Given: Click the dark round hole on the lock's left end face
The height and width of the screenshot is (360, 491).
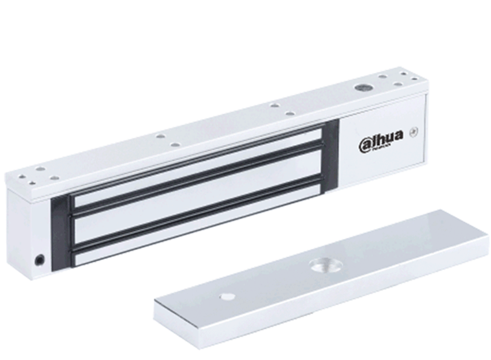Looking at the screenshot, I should point(40,260).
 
